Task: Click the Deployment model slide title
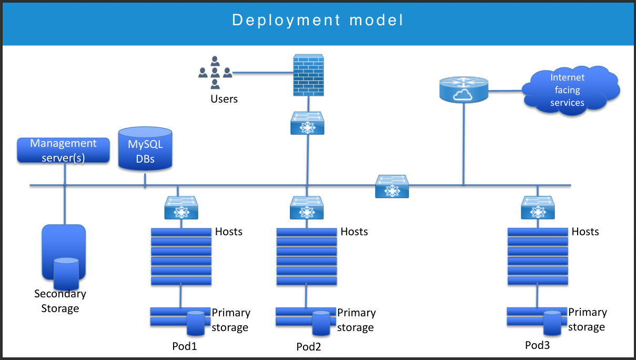pos(318,21)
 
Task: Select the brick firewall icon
pos(307,76)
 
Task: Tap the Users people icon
pos(215,73)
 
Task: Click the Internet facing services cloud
pos(568,89)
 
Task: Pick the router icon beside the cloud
pos(463,88)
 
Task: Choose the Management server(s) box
pos(64,150)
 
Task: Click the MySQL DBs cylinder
pos(145,148)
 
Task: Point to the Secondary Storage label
pos(60,301)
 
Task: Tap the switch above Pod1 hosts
pos(181,208)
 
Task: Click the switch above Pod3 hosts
pos(538,208)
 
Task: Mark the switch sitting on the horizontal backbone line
pos(392,187)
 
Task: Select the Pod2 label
pos(309,346)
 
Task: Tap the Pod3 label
pos(538,345)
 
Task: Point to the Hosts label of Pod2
pos(354,232)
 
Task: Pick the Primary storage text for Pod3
pos(587,319)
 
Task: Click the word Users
pos(224,99)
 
